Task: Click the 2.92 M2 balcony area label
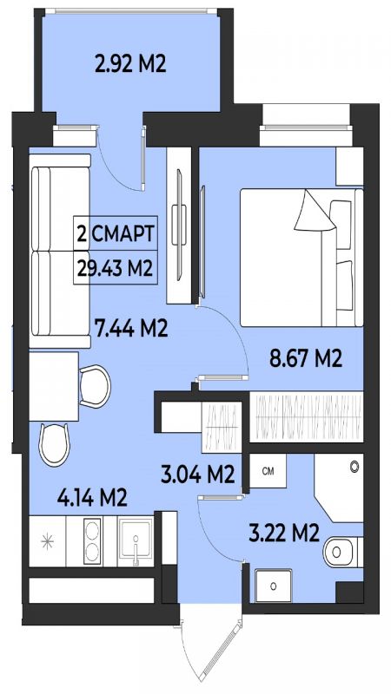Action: (130, 63)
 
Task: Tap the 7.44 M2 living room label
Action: (131, 329)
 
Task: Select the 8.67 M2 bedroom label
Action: (307, 359)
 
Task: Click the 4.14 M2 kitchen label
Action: (92, 498)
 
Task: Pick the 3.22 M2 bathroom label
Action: (284, 533)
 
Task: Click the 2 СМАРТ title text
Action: (116, 233)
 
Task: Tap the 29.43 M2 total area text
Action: (115, 267)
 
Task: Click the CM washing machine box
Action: (268, 471)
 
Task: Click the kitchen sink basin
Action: (136, 540)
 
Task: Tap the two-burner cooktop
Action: (92, 540)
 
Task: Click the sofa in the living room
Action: (60, 251)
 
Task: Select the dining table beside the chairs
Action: (54, 386)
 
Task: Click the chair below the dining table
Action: (55, 445)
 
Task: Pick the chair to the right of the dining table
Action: (96, 386)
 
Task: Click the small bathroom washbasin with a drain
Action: (274, 586)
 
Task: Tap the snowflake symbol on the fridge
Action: (47, 541)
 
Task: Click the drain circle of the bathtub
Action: (354, 466)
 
